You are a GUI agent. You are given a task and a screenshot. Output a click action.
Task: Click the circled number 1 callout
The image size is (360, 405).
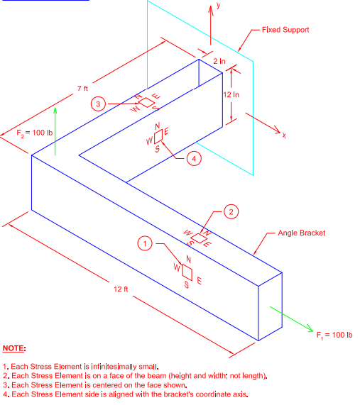click(x=146, y=243)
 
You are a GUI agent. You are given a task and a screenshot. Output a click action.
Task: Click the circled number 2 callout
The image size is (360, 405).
click(x=229, y=211)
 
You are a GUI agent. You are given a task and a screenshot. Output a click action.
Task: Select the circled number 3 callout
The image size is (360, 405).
click(x=100, y=104)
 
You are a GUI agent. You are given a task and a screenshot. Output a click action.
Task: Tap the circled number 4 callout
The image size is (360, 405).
click(x=192, y=158)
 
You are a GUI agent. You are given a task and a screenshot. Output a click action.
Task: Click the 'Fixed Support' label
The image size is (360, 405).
click(x=285, y=30)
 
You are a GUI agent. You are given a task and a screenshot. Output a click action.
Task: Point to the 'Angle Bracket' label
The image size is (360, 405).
click(x=301, y=233)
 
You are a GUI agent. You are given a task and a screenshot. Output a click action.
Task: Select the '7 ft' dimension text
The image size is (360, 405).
click(x=83, y=89)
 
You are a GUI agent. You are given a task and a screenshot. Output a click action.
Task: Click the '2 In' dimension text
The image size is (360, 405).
click(x=219, y=62)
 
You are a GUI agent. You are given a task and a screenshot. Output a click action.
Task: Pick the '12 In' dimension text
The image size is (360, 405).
click(x=231, y=94)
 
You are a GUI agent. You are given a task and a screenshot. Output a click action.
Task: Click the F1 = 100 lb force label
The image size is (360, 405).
click(x=334, y=334)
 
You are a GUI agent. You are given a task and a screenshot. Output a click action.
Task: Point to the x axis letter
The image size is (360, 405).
click(x=283, y=135)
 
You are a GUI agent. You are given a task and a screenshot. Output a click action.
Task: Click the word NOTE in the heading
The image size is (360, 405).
click(x=14, y=349)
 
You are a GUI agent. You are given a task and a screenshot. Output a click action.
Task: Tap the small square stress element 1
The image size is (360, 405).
click(x=187, y=272)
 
